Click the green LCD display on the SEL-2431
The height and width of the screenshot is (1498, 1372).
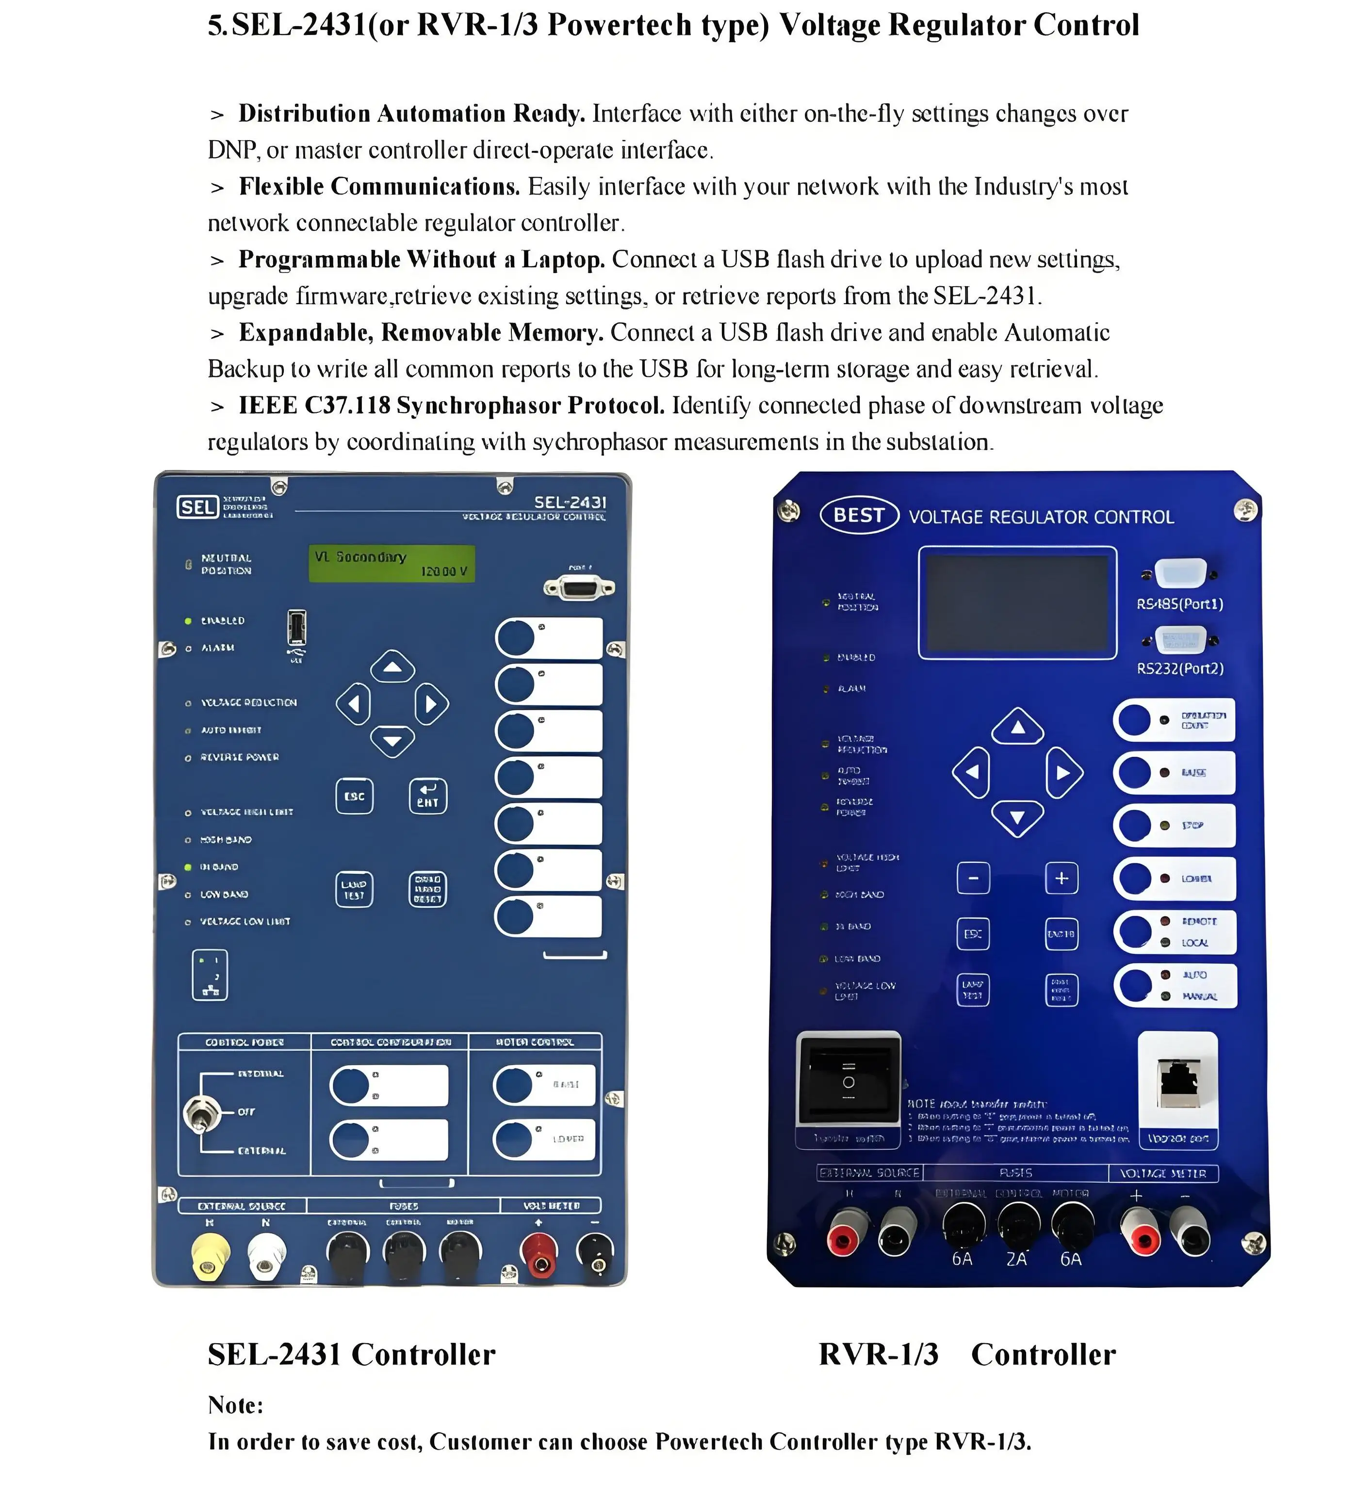[x=391, y=564]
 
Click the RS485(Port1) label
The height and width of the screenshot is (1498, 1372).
[x=1179, y=604]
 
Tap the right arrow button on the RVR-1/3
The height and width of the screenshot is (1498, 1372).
[x=1063, y=773]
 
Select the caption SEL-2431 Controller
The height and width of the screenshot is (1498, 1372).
[x=351, y=1354]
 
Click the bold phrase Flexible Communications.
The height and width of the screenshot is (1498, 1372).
[x=379, y=186]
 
